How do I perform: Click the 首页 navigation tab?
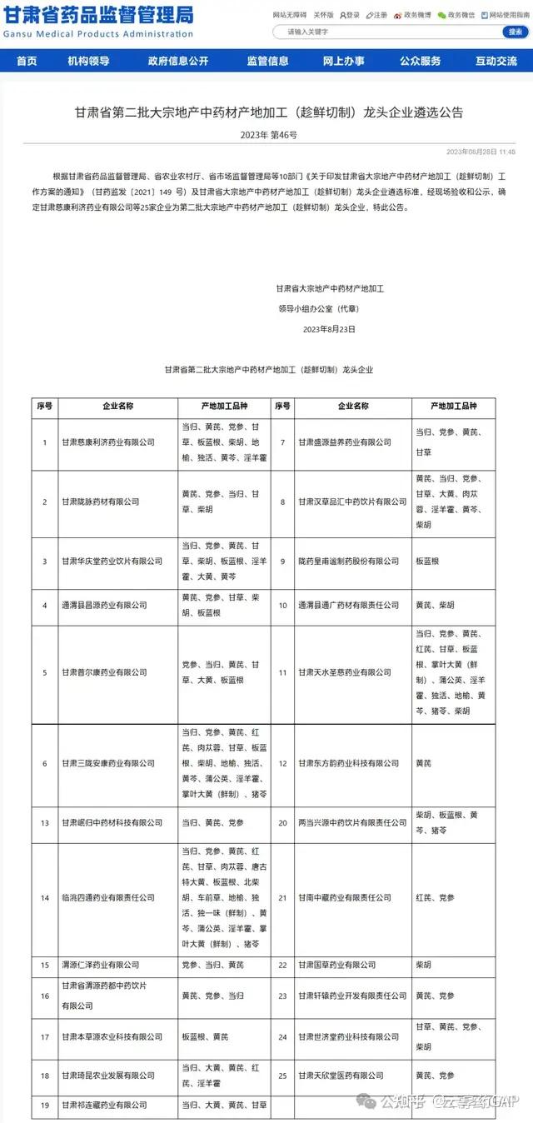point(27,61)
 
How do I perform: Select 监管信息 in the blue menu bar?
point(267,61)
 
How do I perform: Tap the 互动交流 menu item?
point(496,61)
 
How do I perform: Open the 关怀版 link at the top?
point(323,15)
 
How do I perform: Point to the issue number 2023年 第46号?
point(267,134)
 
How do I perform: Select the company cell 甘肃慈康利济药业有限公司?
point(108,442)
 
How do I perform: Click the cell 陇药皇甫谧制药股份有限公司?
point(348,561)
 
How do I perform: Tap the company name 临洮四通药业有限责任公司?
point(108,897)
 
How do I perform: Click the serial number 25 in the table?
point(282,1076)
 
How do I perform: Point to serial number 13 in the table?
point(45,822)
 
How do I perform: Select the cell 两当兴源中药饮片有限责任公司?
point(352,822)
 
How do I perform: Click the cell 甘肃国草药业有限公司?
point(337,965)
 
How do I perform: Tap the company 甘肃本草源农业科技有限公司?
point(112,1037)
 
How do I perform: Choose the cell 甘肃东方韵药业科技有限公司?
point(349,763)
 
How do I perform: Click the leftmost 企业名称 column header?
point(118,407)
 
